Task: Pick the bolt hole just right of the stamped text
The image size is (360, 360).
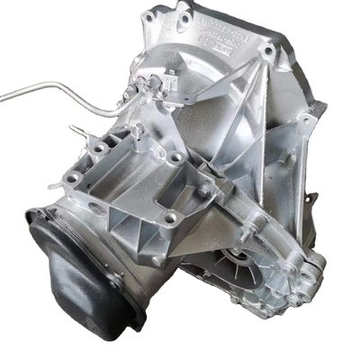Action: [x=267, y=50]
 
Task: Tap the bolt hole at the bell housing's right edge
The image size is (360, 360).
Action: [x=309, y=119]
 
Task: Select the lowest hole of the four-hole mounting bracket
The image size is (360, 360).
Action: [x=167, y=218]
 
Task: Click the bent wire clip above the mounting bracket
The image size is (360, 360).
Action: [x=135, y=135]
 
